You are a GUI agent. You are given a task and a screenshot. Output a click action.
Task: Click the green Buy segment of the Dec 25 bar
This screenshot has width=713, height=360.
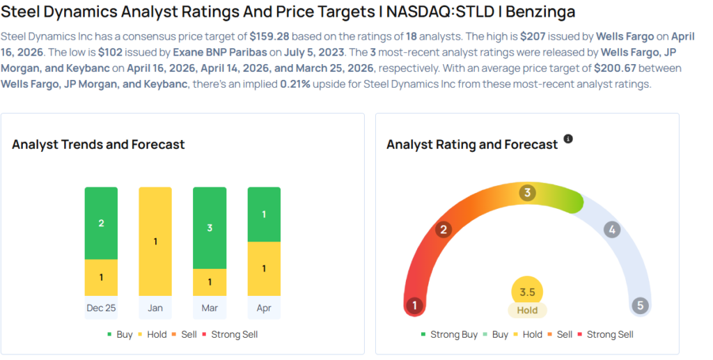pyautogui.click(x=101, y=223)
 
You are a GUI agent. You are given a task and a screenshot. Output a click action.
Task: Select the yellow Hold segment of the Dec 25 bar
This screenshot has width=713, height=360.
pyautogui.click(x=101, y=277)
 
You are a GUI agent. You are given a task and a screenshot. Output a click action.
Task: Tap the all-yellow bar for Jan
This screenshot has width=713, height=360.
pyautogui.click(x=155, y=241)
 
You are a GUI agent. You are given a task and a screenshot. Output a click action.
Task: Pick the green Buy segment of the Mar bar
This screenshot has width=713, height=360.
pyautogui.click(x=210, y=228)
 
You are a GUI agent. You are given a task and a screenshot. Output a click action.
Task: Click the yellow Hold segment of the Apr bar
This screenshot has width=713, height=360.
pyautogui.click(x=264, y=268)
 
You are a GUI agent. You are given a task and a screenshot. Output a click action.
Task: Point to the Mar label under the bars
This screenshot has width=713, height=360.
pyautogui.click(x=210, y=308)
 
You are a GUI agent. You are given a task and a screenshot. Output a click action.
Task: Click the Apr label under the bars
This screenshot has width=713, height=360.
pyautogui.click(x=264, y=308)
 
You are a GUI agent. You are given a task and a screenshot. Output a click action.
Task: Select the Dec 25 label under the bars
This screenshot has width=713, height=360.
pyautogui.click(x=101, y=308)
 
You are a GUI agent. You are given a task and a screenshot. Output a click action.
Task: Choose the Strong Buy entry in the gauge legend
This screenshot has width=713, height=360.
pyautogui.click(x=449, y=334)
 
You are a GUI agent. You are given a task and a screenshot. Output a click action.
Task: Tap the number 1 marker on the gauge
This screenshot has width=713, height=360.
pyautogui.click(x=415, y=306)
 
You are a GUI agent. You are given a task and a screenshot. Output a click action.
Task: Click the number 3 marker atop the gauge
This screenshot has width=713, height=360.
pyautogui.click(x=528, y=193)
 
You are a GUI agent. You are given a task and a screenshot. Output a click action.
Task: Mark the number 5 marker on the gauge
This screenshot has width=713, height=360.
pyautogui.click(x=640, y=306)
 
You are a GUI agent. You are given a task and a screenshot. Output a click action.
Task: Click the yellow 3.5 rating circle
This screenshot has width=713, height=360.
pyautogui.click(x=527, y=292)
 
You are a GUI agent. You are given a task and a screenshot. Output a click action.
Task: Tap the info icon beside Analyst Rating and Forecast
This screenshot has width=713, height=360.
pyautogui.click(x=568, y=139)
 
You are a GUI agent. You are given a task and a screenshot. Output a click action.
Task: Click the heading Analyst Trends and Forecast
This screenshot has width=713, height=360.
pyautogui.click(x=98, y=145)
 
